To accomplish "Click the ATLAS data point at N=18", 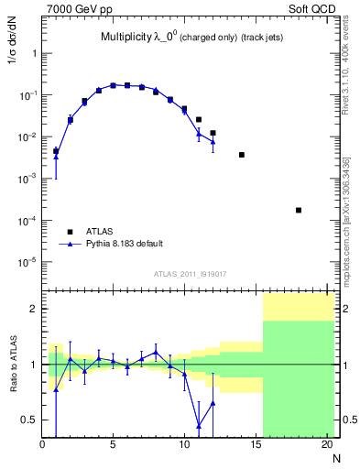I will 299,210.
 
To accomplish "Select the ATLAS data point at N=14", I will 242,155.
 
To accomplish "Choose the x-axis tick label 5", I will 114,446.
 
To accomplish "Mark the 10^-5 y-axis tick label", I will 27,262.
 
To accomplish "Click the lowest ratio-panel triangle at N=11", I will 199,426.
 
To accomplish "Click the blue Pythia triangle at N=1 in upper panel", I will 56,157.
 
